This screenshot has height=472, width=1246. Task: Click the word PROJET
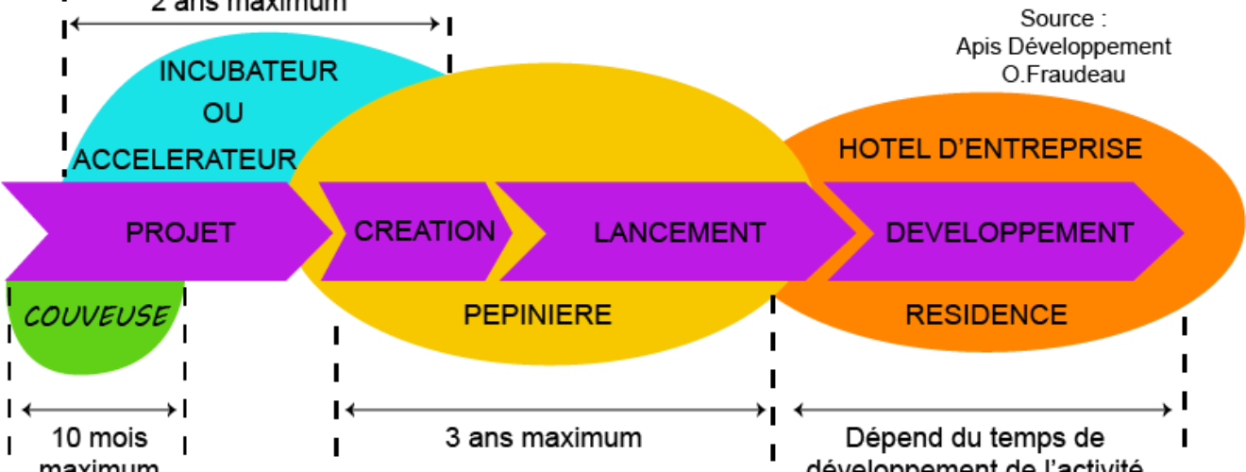point(179,232)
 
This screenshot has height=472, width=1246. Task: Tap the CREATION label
point(424,230)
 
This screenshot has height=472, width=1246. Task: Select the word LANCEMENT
point(679,232)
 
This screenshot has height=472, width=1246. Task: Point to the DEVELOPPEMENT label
point(1009,232)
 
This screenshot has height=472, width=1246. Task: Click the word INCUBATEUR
point(248,72)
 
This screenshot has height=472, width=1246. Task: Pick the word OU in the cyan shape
point(223,113)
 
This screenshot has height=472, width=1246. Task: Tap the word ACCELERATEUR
point(185,159)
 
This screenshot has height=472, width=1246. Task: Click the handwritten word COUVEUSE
point(96,315)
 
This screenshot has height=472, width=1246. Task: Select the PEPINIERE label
point(537,314)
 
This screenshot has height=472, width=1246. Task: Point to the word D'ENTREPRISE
point(1038,149)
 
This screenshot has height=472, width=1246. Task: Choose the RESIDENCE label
point(985,314)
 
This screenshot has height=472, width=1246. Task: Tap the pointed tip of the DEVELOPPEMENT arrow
point(1183,232)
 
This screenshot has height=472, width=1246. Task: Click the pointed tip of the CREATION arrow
point(511,231)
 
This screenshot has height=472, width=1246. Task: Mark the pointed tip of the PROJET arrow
point(331,231)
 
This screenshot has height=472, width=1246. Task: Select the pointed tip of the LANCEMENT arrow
point(855,232)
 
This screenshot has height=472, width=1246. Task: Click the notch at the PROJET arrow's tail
point(42,231)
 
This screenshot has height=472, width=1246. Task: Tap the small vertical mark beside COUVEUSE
point(8,296)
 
